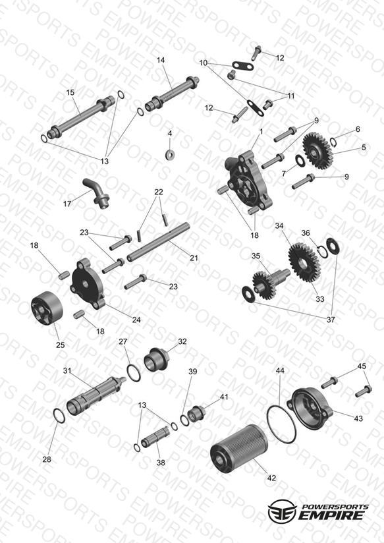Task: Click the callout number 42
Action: (272, 478)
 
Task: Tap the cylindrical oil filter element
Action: (239, 447)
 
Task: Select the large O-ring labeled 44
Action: (281, 424)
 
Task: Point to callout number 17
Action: (67, 204)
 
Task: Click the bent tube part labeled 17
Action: (97, 193)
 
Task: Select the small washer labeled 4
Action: (170, 154)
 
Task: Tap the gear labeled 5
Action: (318, 151)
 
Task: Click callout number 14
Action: (161, 60)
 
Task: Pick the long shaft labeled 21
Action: (158, 242)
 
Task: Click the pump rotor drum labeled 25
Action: (47, 308)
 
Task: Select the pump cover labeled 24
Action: (88, 284)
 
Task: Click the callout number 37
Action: (331, 320)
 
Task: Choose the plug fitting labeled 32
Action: (156, 360)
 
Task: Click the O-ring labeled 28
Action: (59, 416)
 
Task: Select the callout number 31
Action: (67, 370)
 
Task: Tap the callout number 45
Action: (362, 366)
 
